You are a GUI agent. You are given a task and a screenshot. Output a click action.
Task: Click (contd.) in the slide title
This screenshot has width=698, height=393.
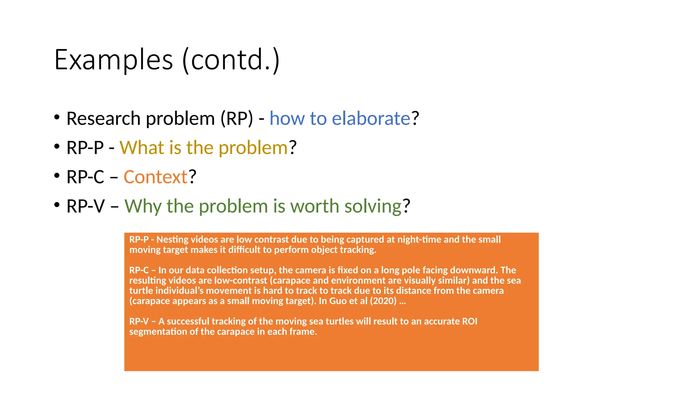(x=231, y=60)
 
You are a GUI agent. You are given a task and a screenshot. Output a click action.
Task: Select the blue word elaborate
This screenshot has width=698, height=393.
(x=371, y=119)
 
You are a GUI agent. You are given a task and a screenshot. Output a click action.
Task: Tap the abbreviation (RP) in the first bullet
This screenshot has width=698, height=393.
(x=237, y=119)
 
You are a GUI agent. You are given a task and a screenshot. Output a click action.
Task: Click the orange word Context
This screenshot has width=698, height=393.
(x=155, y=177)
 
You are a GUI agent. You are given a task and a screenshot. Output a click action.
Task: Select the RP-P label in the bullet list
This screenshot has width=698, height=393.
(x=85, y=148)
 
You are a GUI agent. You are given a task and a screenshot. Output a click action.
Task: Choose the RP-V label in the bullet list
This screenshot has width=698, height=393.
(x=86, y=207)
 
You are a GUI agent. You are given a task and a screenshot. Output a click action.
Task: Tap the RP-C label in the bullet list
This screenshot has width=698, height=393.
(x=85, y=177)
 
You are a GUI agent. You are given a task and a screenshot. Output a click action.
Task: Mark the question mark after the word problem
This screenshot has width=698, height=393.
(x=293, y=148)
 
